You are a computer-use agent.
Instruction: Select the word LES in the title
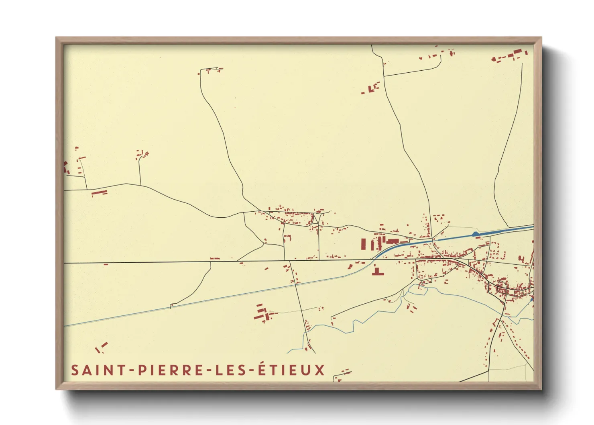(231, 370)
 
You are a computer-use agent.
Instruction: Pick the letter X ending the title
(319, 370)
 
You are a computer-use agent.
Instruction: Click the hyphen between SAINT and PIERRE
(132, 370)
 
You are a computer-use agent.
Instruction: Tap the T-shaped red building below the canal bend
(377, 271)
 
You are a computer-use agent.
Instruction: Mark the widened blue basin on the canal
(476, 233)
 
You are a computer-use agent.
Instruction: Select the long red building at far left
(99, 193)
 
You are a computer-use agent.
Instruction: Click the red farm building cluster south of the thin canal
(262, 313)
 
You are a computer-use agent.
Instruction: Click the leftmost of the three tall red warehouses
(364, 244)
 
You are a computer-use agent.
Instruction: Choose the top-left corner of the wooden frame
(57, 39)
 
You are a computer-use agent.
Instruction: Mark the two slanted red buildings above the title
(101, 347)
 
